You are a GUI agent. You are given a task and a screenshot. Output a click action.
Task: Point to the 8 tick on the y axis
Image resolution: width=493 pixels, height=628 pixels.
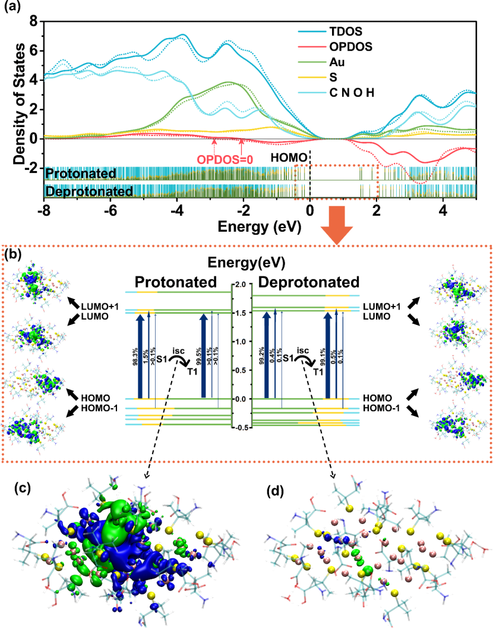click(33, 21)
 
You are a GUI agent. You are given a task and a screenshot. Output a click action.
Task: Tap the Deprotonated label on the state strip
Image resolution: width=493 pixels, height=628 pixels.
click(89, 192)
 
